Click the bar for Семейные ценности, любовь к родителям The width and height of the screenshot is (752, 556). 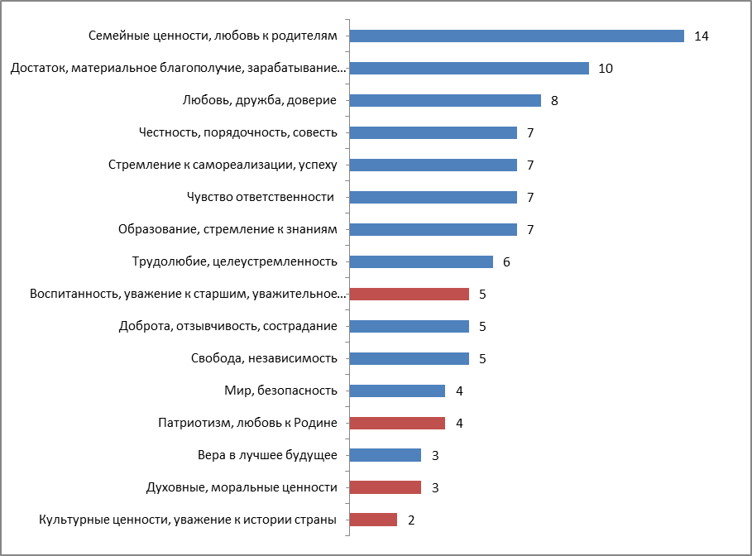516,36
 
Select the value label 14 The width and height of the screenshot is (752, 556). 702,36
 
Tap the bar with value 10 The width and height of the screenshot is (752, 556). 469,68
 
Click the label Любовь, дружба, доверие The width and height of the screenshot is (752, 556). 259,101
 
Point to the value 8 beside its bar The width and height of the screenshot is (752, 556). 554,101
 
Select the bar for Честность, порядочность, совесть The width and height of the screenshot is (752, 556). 433,132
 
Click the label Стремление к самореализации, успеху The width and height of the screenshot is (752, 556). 223,165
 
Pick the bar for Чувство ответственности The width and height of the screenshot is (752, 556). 433,197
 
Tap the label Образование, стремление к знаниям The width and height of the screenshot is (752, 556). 228,229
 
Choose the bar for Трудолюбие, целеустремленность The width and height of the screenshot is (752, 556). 421,261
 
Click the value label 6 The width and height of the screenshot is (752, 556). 506,262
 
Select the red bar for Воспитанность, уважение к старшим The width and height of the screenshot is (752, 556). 409,294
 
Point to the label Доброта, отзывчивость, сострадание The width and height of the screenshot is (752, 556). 228,326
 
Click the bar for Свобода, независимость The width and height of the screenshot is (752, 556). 409,358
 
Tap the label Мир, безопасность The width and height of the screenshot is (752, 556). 280,391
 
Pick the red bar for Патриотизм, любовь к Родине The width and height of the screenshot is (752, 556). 397,423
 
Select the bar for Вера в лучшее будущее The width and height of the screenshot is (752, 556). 385,455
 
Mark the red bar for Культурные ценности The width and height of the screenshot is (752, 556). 373,520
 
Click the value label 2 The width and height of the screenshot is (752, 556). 411,520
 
